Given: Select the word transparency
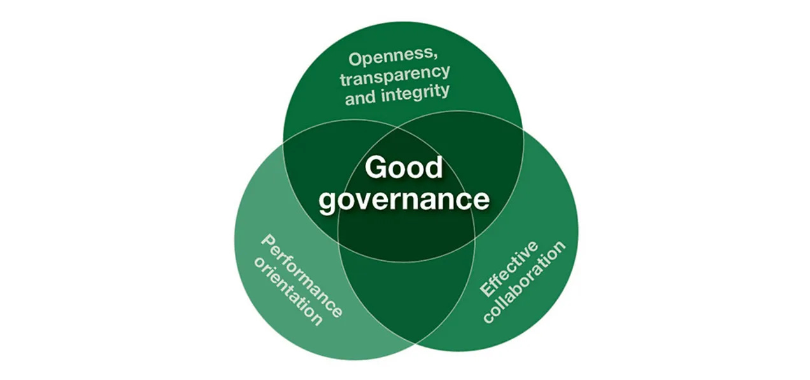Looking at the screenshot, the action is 395,75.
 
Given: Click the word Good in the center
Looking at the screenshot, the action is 404,168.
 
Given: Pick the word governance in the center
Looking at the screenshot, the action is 404,199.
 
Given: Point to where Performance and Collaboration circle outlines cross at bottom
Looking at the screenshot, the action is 416,344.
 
